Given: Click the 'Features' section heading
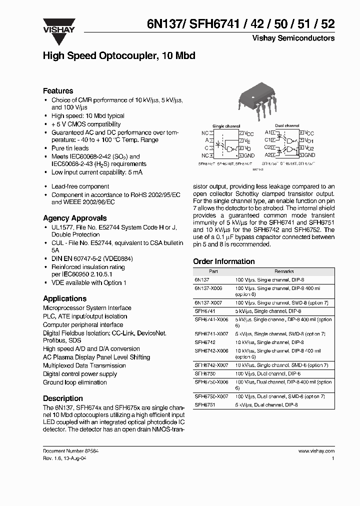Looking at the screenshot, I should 58,91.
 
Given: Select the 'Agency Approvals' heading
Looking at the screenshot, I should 74,218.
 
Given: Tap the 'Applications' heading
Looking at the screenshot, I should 64,298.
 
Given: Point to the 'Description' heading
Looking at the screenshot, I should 63,398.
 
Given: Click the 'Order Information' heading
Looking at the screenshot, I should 224,261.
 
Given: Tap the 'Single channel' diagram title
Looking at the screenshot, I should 226,126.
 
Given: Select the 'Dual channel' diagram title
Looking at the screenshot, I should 287,126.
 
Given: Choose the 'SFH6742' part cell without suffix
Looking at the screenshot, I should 204,342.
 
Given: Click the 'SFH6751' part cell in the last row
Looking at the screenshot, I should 204,404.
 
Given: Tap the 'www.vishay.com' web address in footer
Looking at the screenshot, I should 316,450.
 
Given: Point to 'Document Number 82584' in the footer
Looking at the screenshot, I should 70,450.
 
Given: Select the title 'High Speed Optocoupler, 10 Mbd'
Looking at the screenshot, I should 119,56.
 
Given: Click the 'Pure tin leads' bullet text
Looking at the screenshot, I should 70,148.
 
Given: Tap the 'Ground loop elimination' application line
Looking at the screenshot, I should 75,382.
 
